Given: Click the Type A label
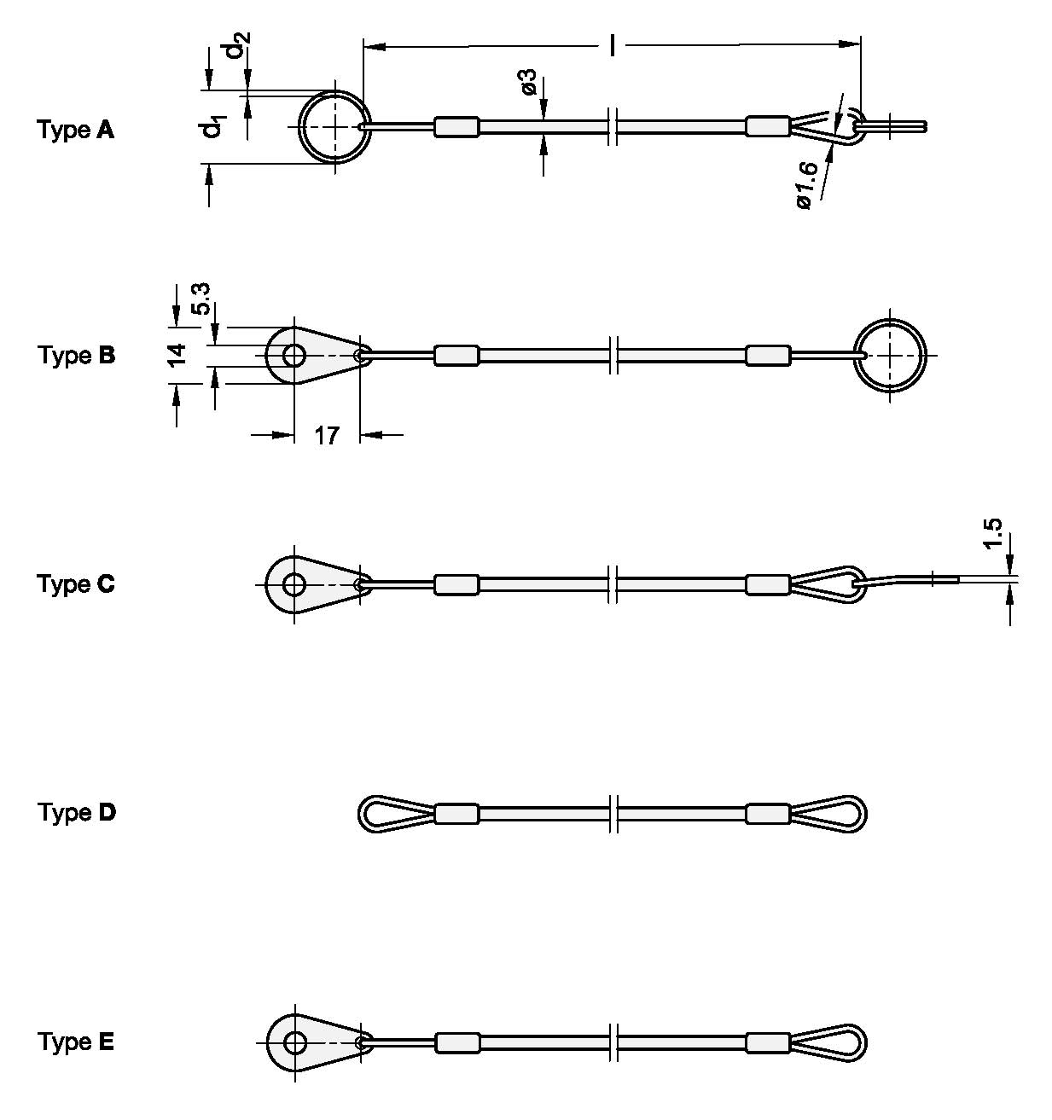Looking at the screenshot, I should pyautogui.click(x=75, y=131).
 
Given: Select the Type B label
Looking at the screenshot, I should pyautogui.click(x=75, y=355).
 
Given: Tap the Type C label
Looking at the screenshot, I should pyautogui.click(x=75, y=584).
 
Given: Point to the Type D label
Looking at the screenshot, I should pyautogui.click(x=75, y=812).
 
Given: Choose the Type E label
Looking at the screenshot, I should pyautogui.click(x=75, y=1042).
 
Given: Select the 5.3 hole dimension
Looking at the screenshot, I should pyautogui.click(x=202, y=299).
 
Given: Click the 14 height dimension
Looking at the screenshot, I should pyautogui.click(x=176, y=355).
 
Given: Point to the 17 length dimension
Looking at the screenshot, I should pyautogui.click(x=326, y=436).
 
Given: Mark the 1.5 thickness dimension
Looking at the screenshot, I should pyautogui.click(x=992, y=533).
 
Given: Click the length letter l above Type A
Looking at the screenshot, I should pyautogui.click(x=612, y=45).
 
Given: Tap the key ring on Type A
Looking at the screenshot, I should pyautogui.click(x=335, y=125).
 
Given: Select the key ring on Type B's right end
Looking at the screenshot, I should pyautogui.click(x=891, y=355).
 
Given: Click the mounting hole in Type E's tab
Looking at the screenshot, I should pyautogui.click(x=295, y=1042).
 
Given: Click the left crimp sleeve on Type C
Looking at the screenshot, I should pyautogui.click(x=456, y=584).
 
